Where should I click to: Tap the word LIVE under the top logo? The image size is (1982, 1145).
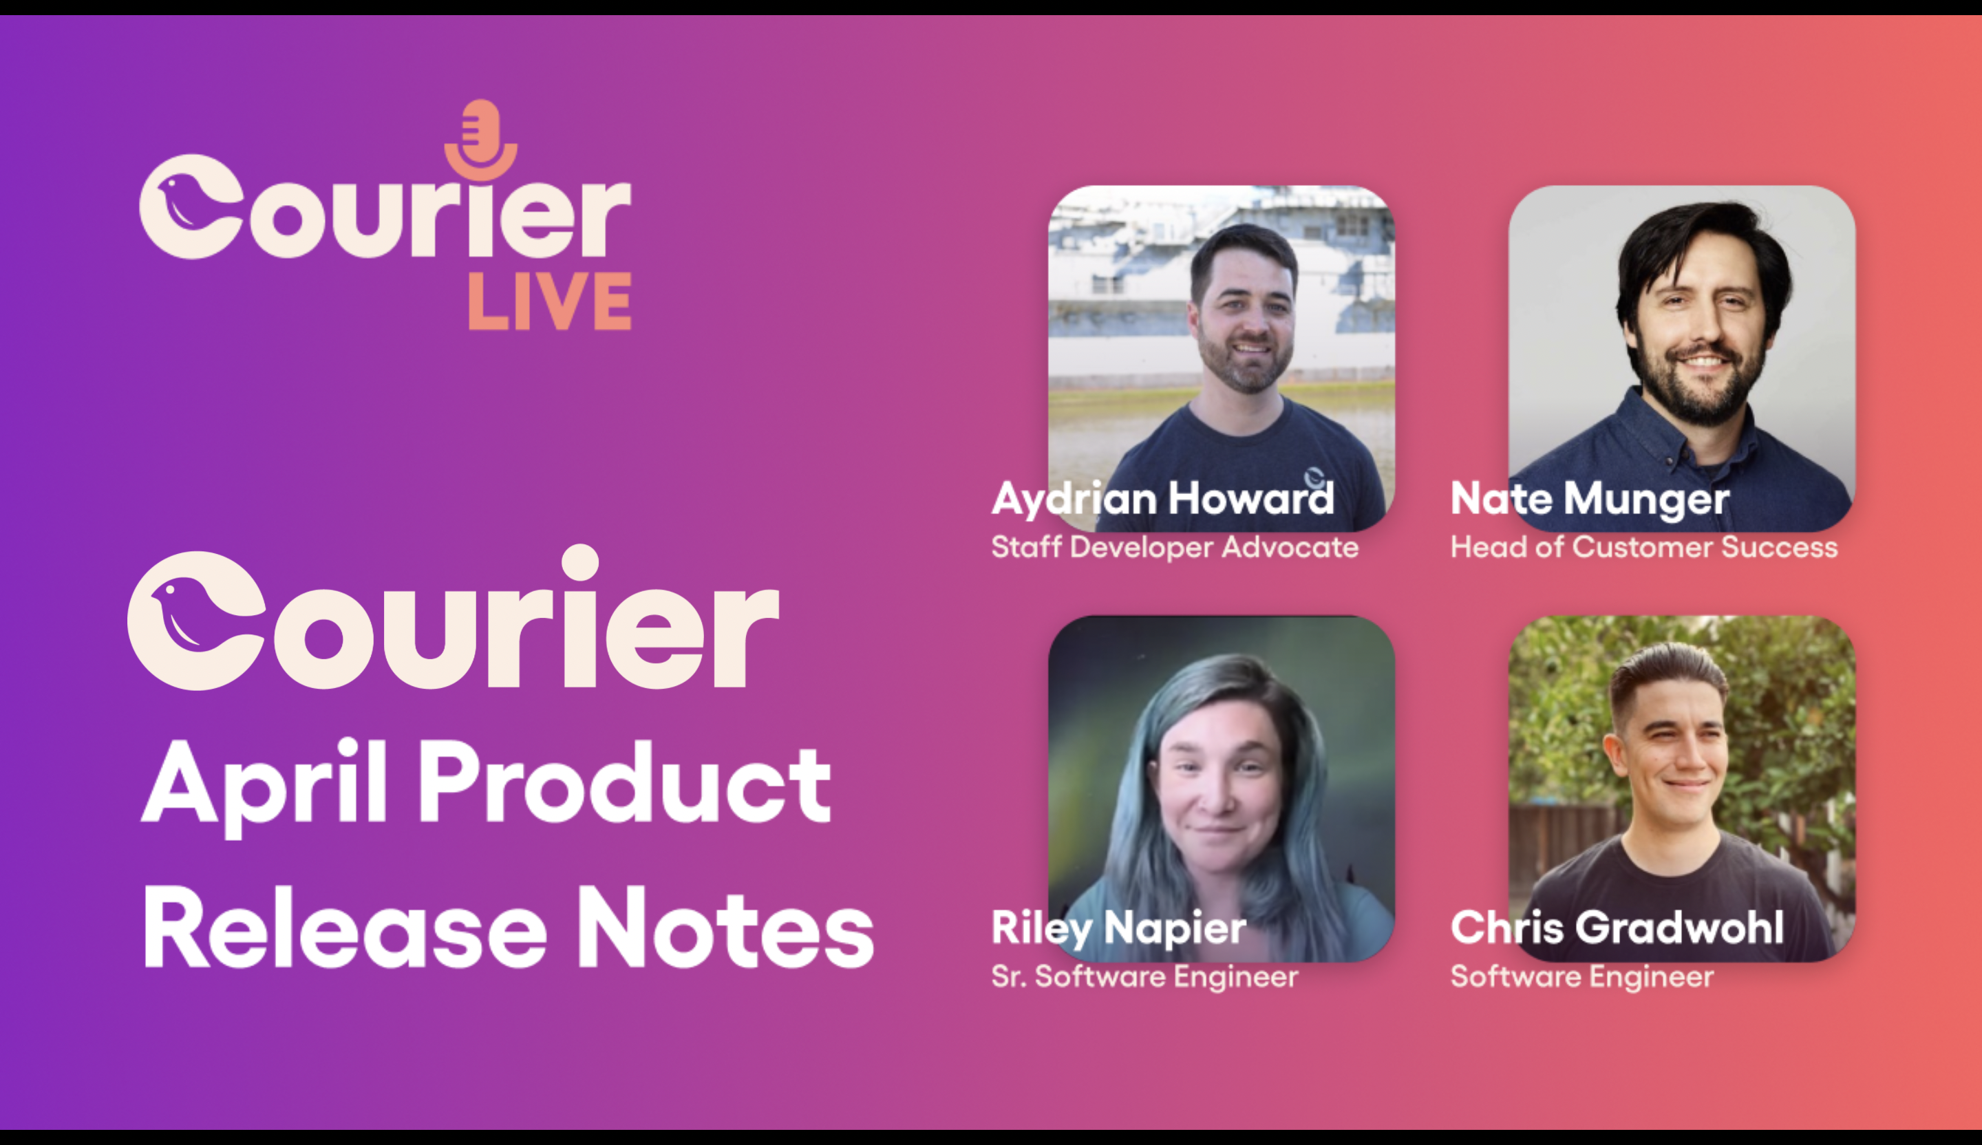[x=549, y=301]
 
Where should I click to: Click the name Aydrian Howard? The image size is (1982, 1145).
[x=1162, y=500]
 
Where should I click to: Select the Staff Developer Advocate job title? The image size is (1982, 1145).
[x=1174, y=546]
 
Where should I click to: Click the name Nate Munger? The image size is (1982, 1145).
[x=1590, y=500]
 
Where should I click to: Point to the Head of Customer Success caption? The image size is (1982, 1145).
[x=1644, y=546]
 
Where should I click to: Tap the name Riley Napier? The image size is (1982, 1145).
[x=1118, y=929]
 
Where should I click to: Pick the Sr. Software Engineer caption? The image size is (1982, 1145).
[x=1144, y=976]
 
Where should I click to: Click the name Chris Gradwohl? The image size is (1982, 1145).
[x=1617, y=928]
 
